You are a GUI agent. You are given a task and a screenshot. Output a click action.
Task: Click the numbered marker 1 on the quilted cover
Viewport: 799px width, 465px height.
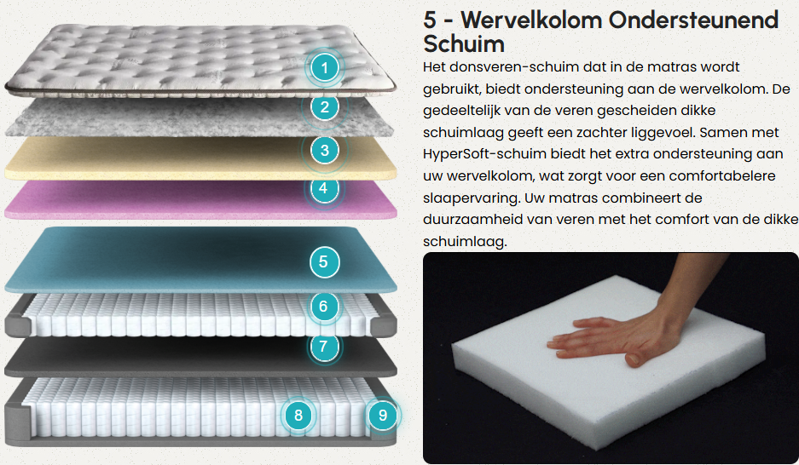click(x=325, y=67)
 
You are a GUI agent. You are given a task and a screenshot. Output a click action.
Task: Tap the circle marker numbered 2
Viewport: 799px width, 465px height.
click(x=325, y=107)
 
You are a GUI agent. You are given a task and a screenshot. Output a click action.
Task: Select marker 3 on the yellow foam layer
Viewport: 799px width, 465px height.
click(x=325, y=151)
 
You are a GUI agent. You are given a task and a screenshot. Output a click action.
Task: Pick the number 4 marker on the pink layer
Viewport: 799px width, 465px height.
click(x=323, y=188)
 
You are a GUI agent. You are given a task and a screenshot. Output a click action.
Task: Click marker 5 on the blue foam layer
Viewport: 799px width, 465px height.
click(x=323, y=261)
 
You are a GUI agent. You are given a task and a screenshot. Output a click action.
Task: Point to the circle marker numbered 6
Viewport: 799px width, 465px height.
click(x=323, y=307)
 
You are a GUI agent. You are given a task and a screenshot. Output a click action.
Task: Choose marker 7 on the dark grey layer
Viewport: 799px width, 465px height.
click(x=323, y=347)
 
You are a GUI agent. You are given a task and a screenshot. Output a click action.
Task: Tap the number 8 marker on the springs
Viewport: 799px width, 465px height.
click(x=298, y=415)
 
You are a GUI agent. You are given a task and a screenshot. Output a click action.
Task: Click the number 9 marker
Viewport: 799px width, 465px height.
click(x=383, y=415)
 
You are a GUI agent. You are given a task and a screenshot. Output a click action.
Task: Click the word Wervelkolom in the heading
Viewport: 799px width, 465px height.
click(x=531, y=20)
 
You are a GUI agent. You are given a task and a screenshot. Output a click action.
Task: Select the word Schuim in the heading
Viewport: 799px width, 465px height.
click(x=464, y=43)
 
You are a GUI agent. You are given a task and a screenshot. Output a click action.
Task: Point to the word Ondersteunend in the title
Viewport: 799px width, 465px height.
click(x=693, y=20)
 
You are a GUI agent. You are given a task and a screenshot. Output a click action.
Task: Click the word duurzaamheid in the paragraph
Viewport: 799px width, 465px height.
click(x=462, y=220)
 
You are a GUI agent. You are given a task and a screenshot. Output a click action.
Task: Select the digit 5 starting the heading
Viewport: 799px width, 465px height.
click(x=430, y=20)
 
